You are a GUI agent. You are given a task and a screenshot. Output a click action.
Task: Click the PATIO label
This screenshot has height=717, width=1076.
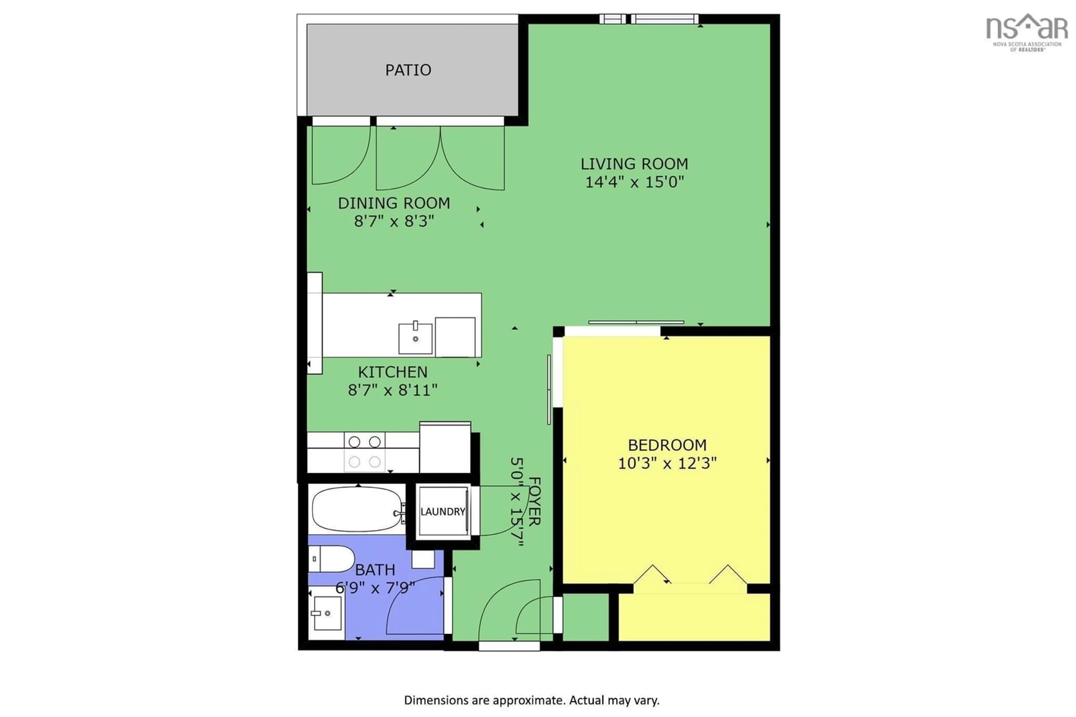(x=408, y=70)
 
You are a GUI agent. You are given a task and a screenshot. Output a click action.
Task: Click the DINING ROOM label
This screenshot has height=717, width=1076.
(x=394, y=203)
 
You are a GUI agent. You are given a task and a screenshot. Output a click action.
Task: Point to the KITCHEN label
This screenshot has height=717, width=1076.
(x=392, y=372)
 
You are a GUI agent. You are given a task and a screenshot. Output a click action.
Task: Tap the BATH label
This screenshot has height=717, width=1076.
(x=375, y=570)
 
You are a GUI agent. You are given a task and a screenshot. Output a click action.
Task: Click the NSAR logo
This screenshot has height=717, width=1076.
(x=1026, y=32)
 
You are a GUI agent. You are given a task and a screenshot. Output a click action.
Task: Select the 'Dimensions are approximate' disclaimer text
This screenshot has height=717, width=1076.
(x=531, y=700)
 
